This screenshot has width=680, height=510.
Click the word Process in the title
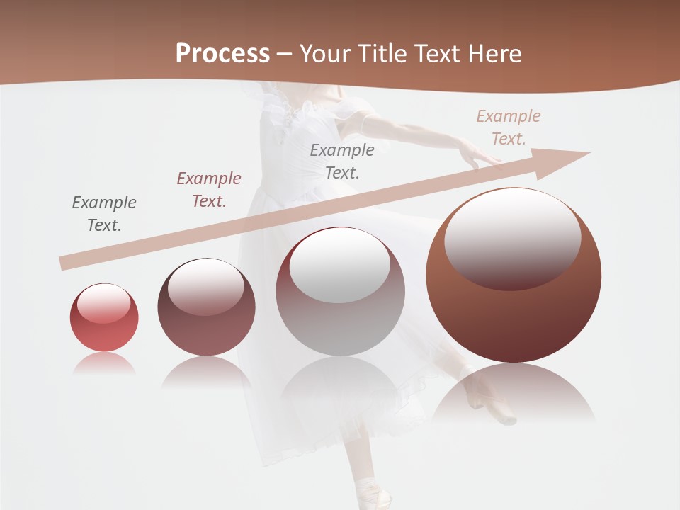click(222, 54)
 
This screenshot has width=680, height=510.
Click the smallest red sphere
click(104, 318)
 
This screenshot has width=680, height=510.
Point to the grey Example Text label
click(104, 214)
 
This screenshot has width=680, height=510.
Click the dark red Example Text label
click(209, 190)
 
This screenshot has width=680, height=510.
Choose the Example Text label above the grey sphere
click(342, 161)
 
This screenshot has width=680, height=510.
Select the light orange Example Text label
click(509, 127)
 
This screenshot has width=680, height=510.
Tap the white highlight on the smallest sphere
click(103, 304)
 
